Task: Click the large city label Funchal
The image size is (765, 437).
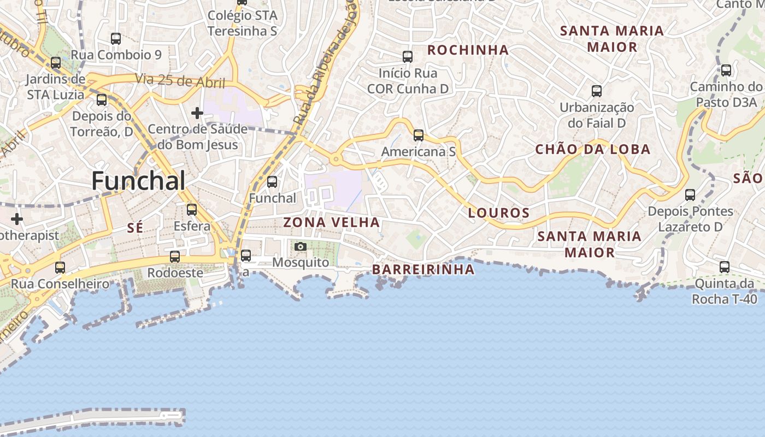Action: [x=138, y=181]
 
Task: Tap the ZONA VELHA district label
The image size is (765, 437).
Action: [x=331, y=222]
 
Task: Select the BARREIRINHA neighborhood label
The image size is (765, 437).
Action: [x=423, y=269]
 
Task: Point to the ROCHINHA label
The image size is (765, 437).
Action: [x=468, y=50]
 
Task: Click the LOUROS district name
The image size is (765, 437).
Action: [x=499, y=213]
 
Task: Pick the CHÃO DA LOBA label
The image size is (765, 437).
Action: [x=592, y=149]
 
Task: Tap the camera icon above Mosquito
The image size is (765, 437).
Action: [x=300, y=247]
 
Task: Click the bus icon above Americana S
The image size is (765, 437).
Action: [x=419, y=135]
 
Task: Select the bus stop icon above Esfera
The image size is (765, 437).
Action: [x=192, y=209]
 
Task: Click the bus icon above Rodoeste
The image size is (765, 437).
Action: [x=175, y=256]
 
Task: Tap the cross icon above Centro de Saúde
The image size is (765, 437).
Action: [x=197, y=113]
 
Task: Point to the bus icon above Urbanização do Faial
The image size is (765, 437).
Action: [x=597, y=91]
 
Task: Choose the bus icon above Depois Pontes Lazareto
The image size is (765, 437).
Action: [x=690, y=194]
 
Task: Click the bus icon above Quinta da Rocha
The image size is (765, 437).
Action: [x=725, y=267]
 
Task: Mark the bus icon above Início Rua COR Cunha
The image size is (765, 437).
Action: [x=408, y=56]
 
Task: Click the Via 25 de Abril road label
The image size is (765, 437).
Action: [x=181, y=81]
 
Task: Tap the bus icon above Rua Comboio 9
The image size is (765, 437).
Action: [x=116, y=38]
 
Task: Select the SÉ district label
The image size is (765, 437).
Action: [x=135, y=228]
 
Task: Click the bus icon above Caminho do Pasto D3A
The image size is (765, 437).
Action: [x=726, y=70]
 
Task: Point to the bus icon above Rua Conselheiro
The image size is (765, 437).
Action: [x=60, y=268]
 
